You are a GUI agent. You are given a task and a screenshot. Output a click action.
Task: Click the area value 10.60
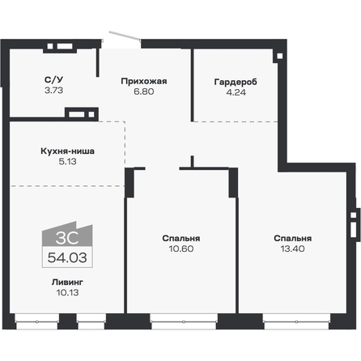(180, 249)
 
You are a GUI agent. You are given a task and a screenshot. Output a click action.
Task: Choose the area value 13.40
(292, 249)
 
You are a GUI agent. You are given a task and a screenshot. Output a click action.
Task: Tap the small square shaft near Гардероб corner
(278, 56)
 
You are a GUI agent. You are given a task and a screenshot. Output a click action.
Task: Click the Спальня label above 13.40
(292, 238)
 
